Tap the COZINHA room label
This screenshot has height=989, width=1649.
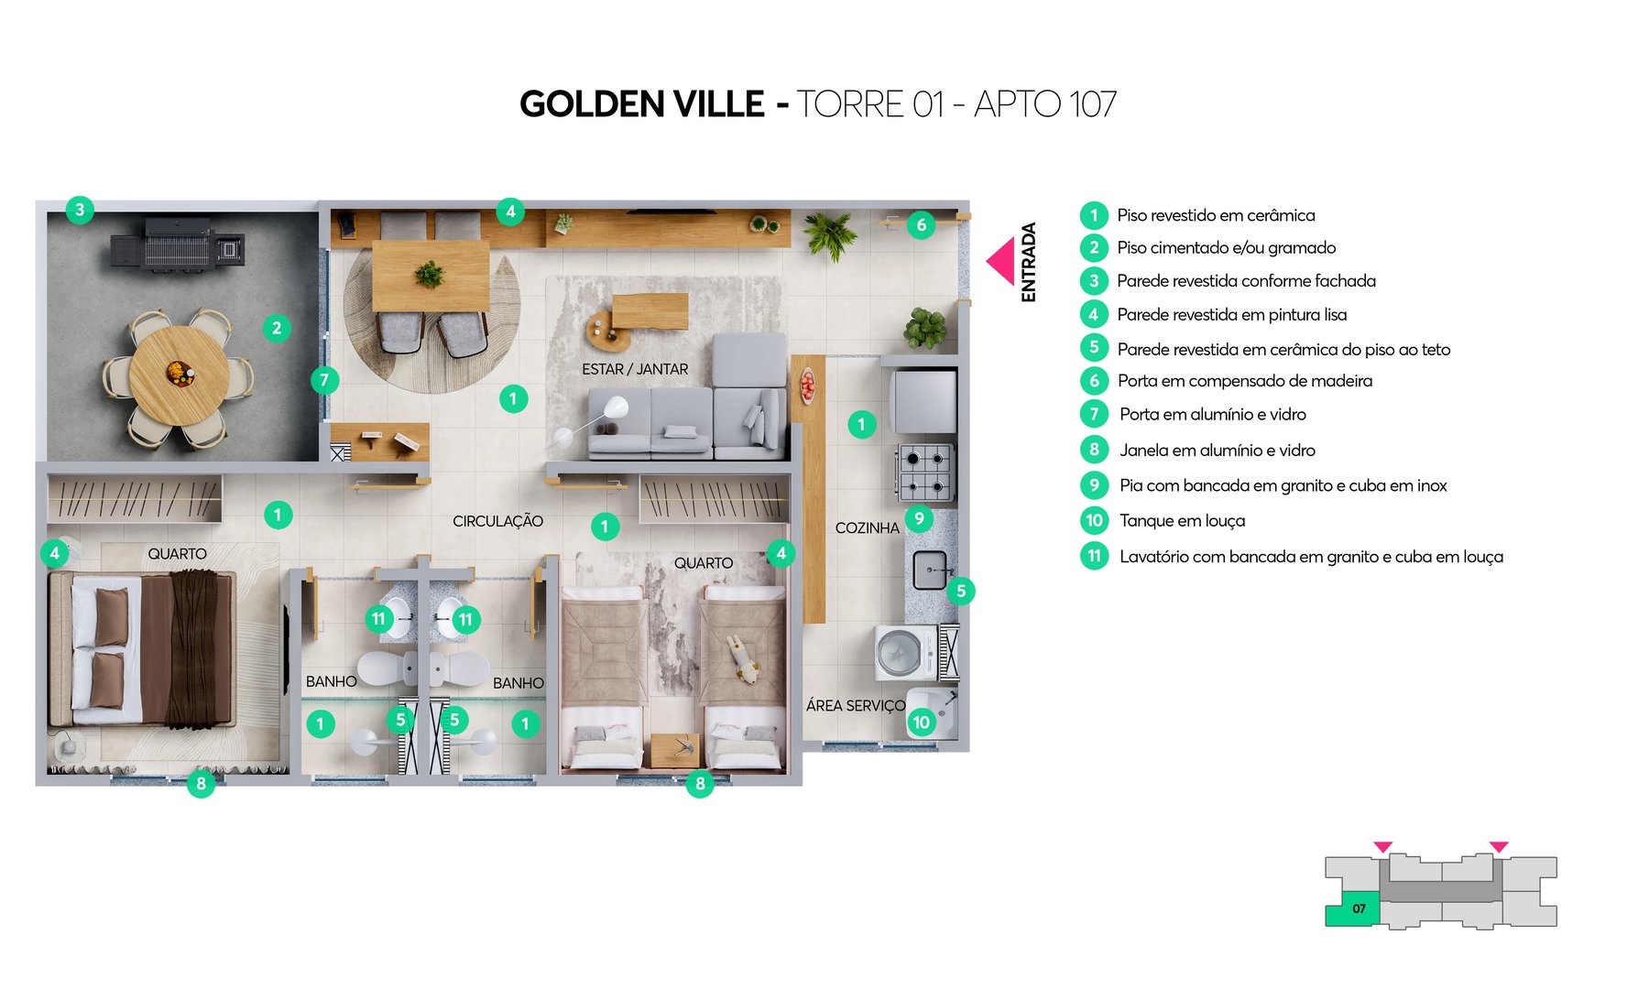click(867, 527)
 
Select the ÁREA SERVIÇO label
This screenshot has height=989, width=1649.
click(855, 705)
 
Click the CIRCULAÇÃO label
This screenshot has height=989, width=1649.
click(497, 521)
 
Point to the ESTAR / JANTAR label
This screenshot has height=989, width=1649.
click(635, 369)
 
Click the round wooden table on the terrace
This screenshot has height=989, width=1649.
click(179, 375)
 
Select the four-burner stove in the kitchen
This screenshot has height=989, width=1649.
click(925, 471)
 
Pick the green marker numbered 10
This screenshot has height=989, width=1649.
click(921, 723)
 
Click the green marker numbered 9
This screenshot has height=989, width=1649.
click(919, 518)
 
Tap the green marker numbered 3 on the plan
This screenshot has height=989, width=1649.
click(80, 210)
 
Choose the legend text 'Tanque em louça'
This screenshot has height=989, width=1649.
click(1182, 521)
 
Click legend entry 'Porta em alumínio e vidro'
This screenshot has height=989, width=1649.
click(1212, 414)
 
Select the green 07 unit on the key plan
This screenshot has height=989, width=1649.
click(1353, 910)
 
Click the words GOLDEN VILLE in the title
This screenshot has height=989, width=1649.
click(641, 104)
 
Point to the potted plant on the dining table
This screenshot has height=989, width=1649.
click(429, 273)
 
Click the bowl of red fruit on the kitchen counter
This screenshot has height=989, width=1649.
click(807, 385)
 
